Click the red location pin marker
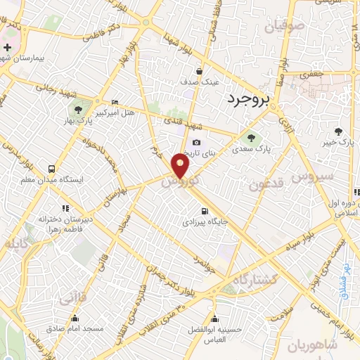click(x=181, y=167)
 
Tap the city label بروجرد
click(x=248, y=101)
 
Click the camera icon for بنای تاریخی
click(x=196, y=143)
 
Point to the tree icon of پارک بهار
click(x=77, y=110)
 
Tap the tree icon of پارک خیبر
click(x=339, y=131)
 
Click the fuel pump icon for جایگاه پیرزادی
click(x=204, y=210)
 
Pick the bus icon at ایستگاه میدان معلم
click(x=51, y=169)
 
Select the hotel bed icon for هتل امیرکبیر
click(x=115, y=102)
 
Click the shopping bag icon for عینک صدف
click(x=200, y=70)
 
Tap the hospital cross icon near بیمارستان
click(x=7, y=48)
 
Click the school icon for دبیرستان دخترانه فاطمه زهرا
click(x=66, y=208)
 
